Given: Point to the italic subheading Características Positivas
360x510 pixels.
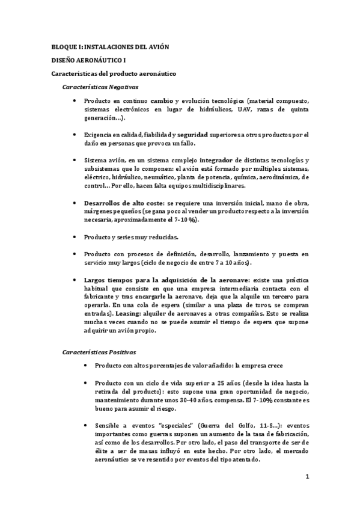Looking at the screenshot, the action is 99,351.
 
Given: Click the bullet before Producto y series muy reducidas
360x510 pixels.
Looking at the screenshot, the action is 73,237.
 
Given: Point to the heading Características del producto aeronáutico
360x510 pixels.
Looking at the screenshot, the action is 112,73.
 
